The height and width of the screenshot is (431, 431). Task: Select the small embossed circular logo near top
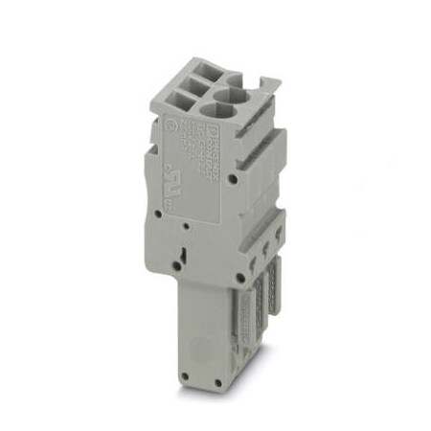(171, 124)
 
